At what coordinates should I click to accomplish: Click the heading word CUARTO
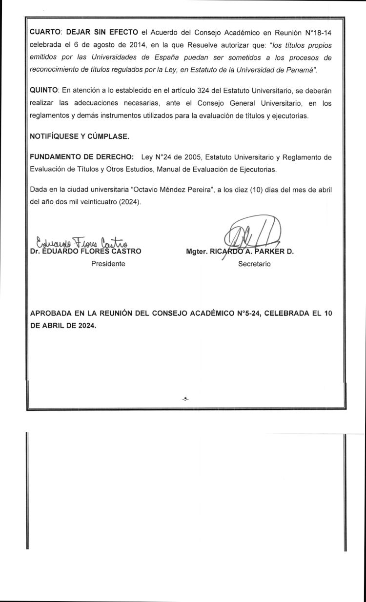coord(45,32)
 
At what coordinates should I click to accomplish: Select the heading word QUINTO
coord(44,91)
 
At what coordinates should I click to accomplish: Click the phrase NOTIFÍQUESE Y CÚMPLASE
coord(80,137)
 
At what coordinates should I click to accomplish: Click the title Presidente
coord(108,264)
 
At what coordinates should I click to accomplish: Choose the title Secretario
coord(254,264)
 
